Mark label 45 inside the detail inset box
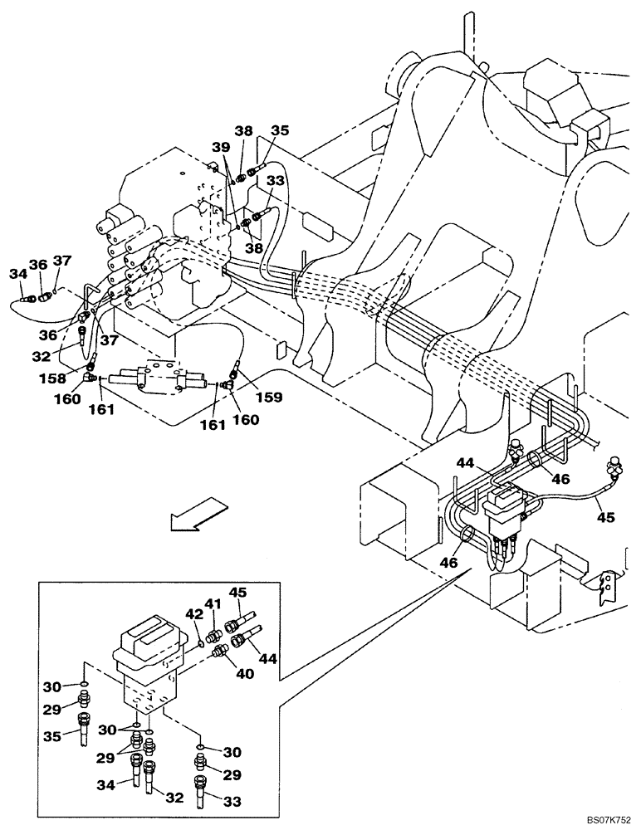tap(238, 593)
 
